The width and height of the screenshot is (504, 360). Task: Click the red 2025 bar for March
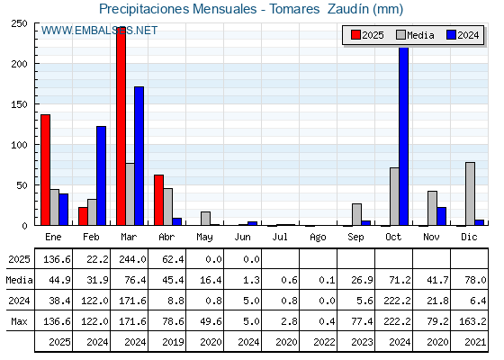[121, 126]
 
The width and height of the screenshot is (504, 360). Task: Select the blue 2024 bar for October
[404, 136]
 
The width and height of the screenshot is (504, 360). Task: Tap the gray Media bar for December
[470, 193]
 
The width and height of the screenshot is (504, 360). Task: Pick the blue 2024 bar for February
[101, 175]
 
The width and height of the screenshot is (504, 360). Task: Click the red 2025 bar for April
[158, 200]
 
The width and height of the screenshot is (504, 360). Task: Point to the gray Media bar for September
[356, 214]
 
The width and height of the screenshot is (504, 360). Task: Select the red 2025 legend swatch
[355, 35]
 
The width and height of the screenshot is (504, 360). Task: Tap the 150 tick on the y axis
[19, 104]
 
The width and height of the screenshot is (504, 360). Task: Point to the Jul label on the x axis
[280, 237]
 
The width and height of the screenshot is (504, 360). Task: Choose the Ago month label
[318, 238]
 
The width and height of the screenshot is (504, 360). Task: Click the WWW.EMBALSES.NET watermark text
[99, 31]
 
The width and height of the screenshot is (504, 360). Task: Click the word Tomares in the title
[294, 9]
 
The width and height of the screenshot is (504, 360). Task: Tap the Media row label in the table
[19, 280]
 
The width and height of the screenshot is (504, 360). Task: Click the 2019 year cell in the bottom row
[173, 342]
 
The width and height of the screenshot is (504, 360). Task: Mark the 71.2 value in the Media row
[400, 280]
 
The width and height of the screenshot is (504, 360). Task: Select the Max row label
[19, 321]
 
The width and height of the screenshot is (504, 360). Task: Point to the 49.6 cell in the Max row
[211, 321]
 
